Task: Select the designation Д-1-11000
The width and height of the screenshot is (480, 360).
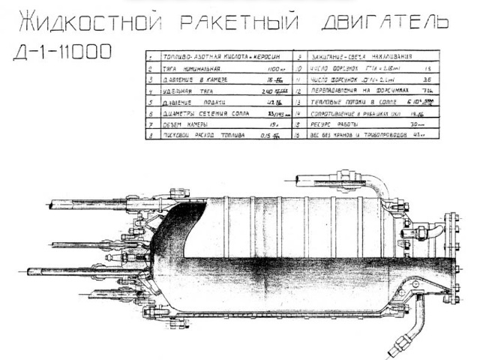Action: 63,52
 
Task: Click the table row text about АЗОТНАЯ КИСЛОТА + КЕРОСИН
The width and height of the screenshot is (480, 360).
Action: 212,57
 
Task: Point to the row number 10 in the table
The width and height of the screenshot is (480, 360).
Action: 299,67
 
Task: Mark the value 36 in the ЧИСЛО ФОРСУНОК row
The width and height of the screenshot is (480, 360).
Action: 428,78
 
